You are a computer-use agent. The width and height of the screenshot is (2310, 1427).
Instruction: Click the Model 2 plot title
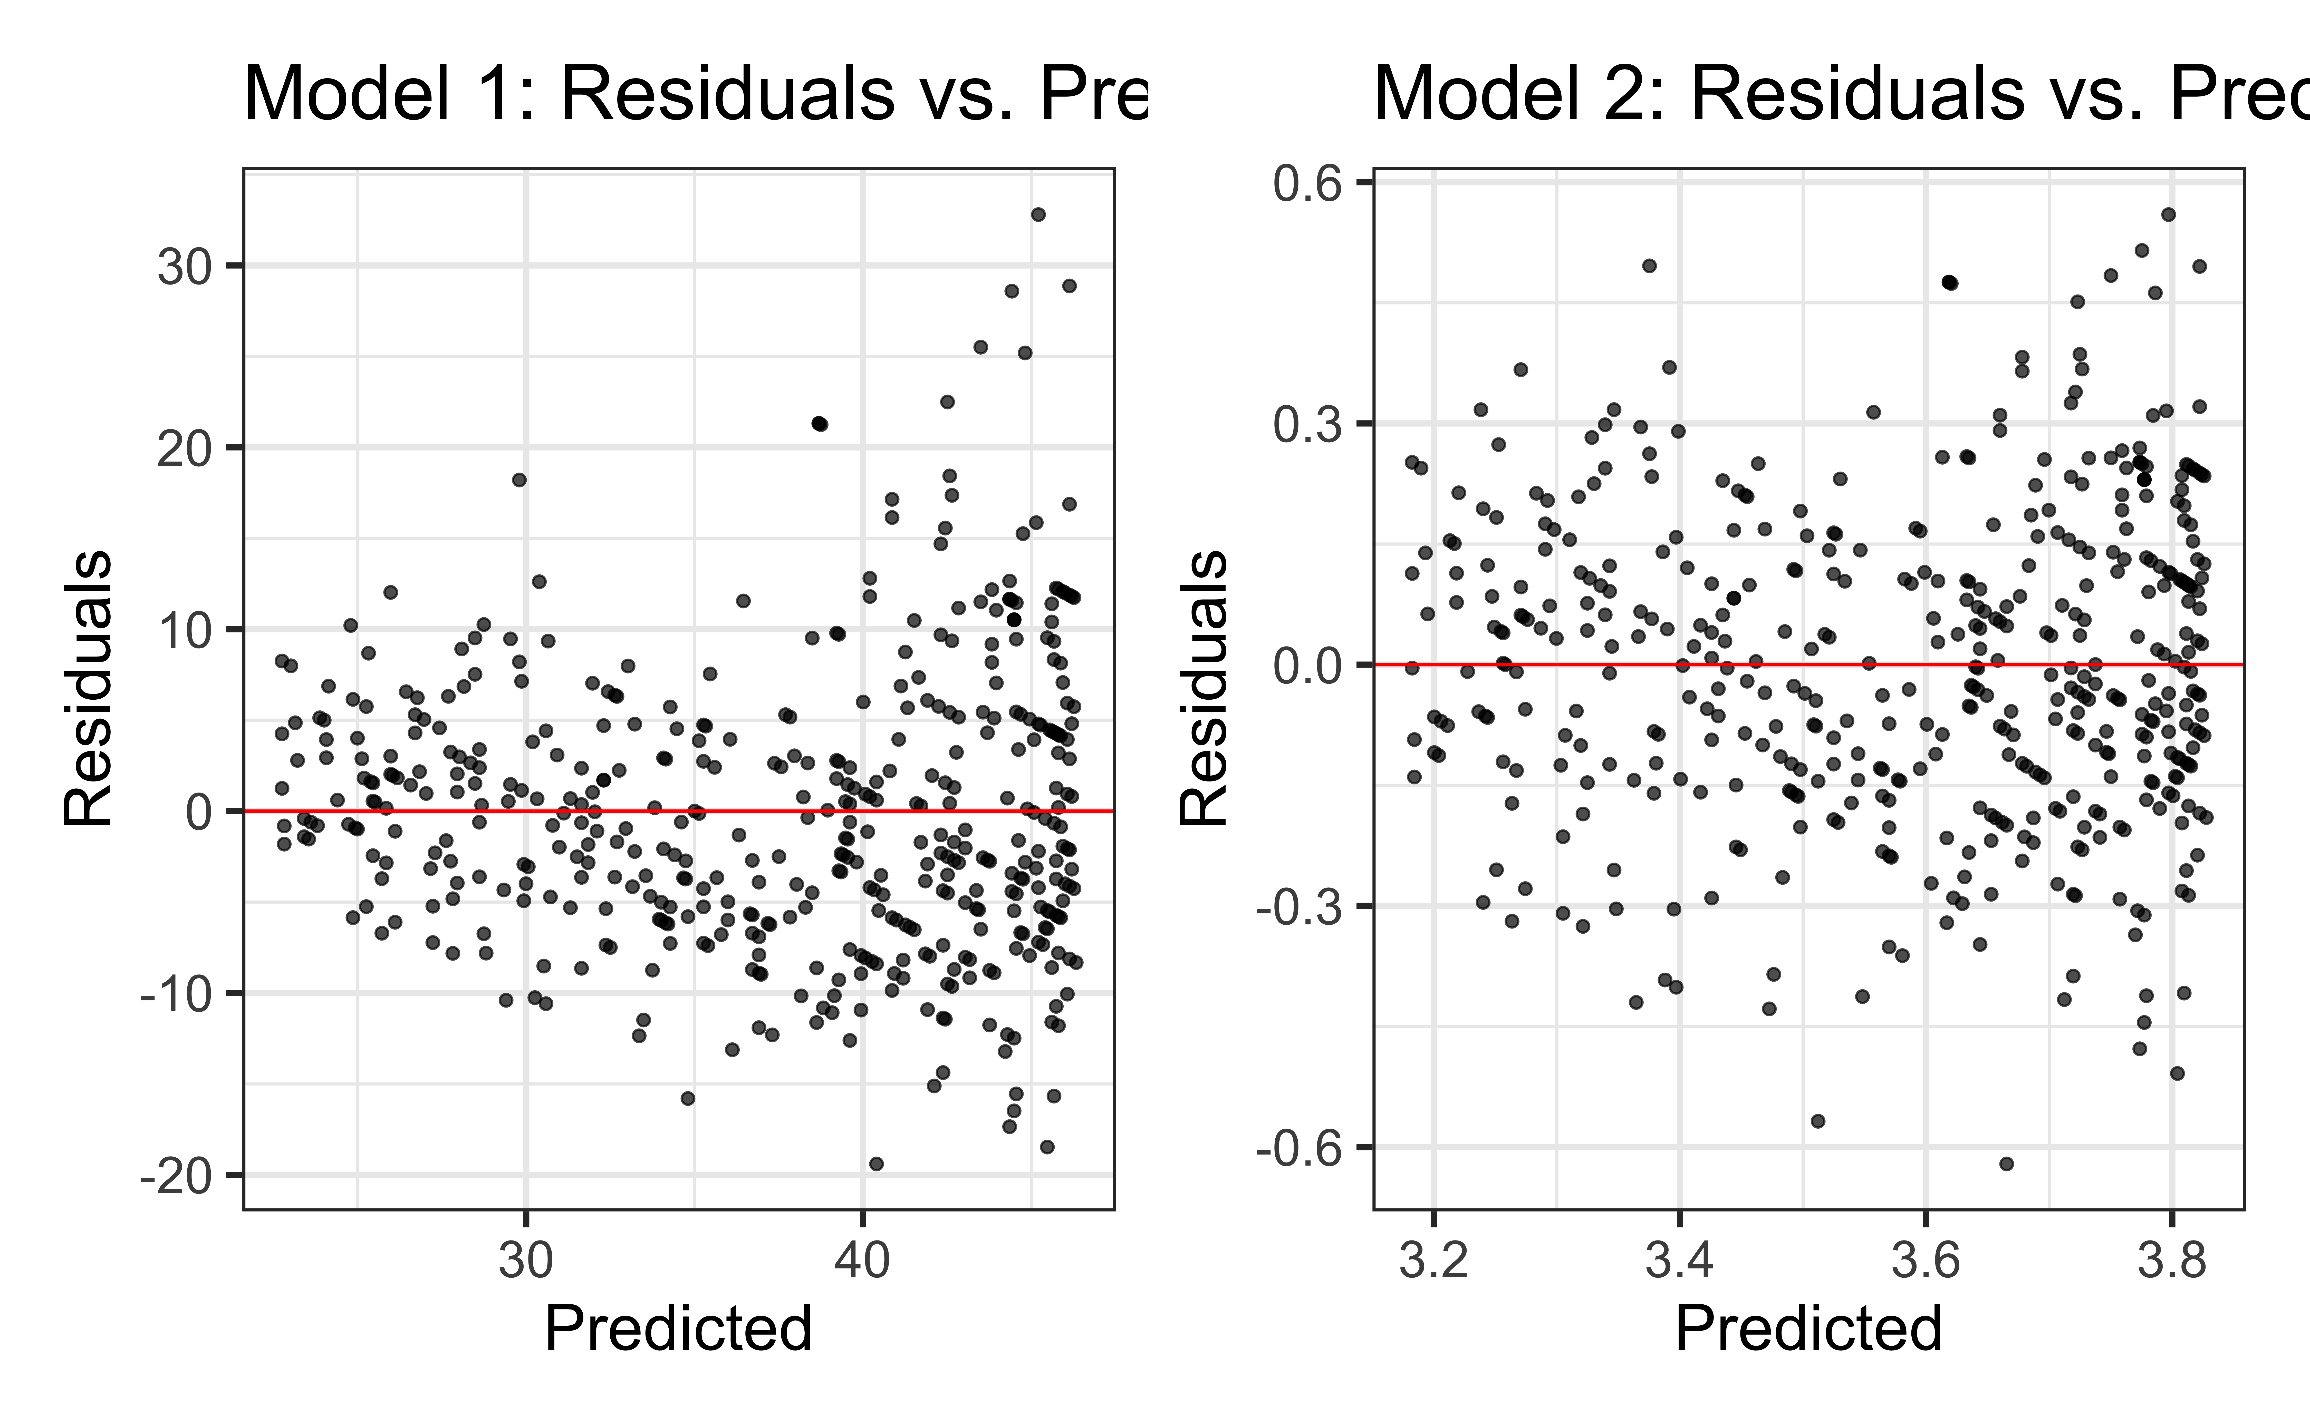click(1841, 94)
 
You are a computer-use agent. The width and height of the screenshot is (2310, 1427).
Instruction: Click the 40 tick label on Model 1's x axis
click(862, 1262)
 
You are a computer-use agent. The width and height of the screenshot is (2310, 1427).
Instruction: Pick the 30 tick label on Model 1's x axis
click(526, 1262)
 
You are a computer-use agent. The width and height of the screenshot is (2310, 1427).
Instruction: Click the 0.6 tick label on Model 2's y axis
click(1307, 184)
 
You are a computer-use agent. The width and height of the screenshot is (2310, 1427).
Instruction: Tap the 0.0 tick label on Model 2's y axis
click(1307, 666)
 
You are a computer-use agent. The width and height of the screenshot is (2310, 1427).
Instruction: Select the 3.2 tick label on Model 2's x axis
click(1433, 1262)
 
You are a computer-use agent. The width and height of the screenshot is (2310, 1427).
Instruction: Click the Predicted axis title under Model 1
click(678, 1329)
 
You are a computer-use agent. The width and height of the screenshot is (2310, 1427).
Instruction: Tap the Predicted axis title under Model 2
click(1808, 1329)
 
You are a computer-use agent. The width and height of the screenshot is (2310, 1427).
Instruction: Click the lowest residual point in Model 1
click(876, 1164)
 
